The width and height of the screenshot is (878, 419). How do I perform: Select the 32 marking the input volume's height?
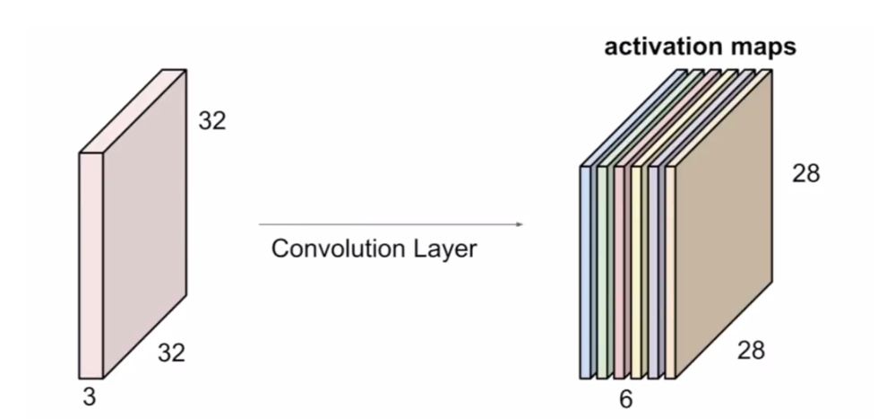(x=212, y=120)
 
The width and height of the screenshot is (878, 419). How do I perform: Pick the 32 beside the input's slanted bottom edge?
(x=171, y=354)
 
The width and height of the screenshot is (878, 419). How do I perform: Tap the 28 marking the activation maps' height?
(x=805, y=173)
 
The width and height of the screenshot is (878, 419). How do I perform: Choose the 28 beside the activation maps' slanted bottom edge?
(x=751, y=351)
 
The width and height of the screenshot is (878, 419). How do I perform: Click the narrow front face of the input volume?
(x=90, y=265)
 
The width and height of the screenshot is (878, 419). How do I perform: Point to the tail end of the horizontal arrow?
(x=261, y=225)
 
